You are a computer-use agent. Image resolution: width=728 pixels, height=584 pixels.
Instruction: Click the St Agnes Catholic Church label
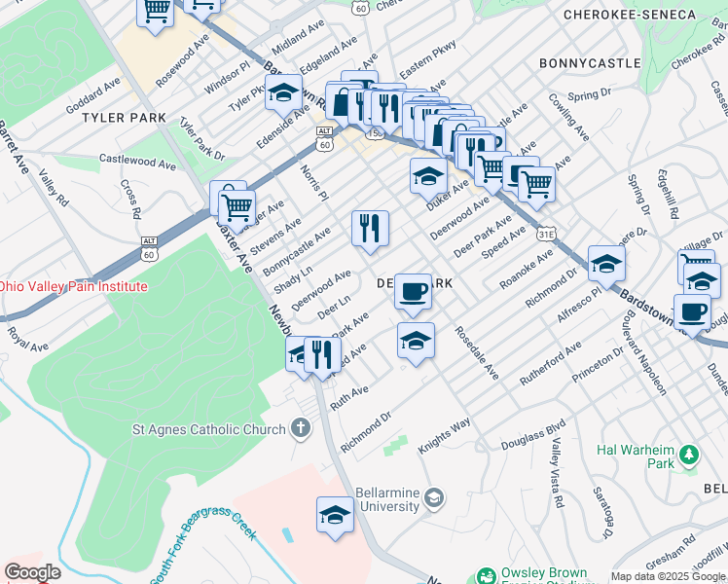[209, 429]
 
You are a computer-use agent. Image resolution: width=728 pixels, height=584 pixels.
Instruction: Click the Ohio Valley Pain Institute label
[73, 286]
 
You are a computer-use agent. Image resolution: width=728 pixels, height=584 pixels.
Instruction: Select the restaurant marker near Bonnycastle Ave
[369, 229]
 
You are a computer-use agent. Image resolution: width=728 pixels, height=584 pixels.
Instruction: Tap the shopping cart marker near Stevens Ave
[237, 205]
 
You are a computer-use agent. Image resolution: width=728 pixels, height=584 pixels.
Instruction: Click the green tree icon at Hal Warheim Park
[689, 455]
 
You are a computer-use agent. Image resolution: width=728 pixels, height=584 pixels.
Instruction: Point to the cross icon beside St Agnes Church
[302, 427]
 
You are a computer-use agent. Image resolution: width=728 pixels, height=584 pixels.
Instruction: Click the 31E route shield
[547, 234]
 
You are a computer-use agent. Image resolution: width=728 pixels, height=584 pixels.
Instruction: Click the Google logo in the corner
[32, 572]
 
